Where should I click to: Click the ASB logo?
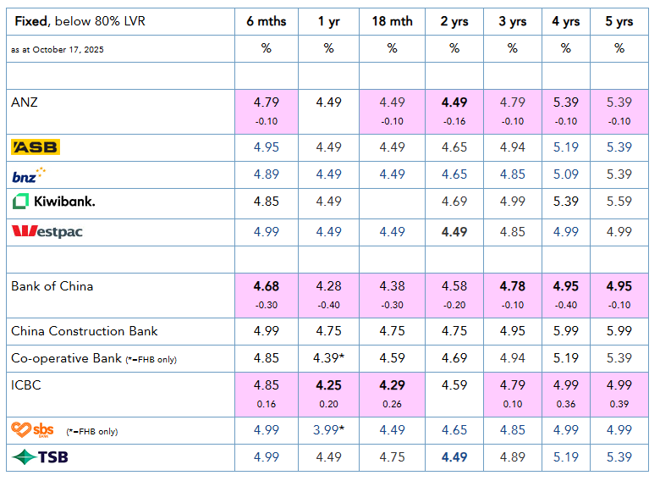click(x=36, y=148)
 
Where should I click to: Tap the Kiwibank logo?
click(x=53, y=202)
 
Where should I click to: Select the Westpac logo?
click(x=47, y=231)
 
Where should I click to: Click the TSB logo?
click(x=40, y=457)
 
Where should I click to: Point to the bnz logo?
click(x=29, y=175)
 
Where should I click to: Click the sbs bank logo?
click(x=32, y=430)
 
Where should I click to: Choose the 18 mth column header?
click(x=392, y=21)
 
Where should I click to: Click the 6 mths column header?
click(x=266, y=21)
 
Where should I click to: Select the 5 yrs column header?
click(x=619, y=21)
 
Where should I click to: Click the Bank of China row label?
click(x=52, y=286)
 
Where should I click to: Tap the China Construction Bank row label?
click(x=85, y=331)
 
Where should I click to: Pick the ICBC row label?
click(x=26, y=385)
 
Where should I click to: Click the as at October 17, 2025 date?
click(x=58, y=50)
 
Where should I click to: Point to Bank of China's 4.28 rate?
click(x=328, y=286)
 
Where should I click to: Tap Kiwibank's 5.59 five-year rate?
click(x=619, y=202)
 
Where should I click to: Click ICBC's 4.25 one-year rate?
click(x=328, y=385)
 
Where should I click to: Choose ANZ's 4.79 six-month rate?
click(x=266, y=102)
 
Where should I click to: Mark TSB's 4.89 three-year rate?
click(x=512, y=457)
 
